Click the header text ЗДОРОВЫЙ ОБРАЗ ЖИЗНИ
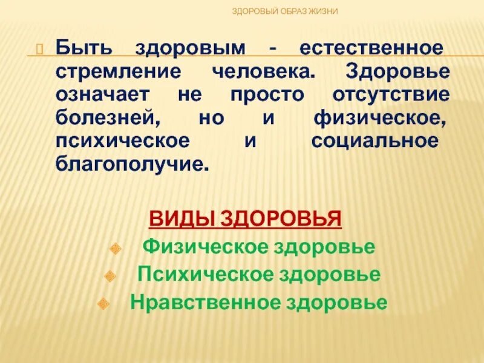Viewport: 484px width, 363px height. pyautogui.click(x=286, y=11)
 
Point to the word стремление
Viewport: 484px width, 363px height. pyautogui.click(x=118, y=71)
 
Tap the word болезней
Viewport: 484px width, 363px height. pyautogui.click(x=108, y=118)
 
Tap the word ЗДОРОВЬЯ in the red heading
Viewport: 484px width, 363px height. pyautogui.click(x=281, y=217)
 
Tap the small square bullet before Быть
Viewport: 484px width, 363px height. pyautogui.click(x=41, y=48)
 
